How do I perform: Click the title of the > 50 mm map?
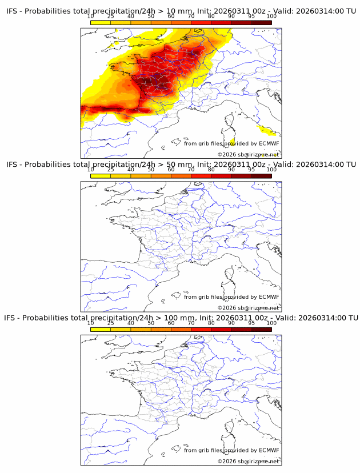(181, 165)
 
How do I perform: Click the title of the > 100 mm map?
(181, 318)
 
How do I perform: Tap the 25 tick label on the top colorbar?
(110, 17)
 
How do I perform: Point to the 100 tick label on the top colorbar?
(271, 17)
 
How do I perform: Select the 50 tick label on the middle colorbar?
(151, 170)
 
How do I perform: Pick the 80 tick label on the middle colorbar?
(211, 170)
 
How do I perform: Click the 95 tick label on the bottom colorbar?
(251, 323)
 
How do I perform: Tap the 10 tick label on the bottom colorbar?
(90, 323)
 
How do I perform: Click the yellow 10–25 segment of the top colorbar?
(100, 23)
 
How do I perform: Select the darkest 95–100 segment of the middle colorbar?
(262, 176)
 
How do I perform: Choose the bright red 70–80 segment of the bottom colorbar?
(201, 329)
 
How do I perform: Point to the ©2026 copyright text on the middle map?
(248, 308)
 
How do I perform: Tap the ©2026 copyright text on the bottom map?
(248, 461)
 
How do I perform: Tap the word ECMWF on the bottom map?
(269, 450)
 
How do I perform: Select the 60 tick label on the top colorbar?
(171, 17)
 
